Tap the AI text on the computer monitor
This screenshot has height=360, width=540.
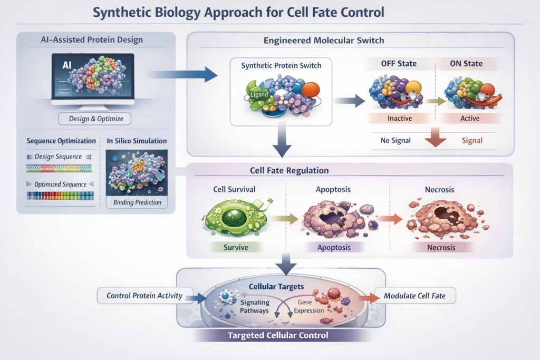[x=67, y=65]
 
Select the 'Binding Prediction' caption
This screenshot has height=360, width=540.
[x=137, y=202]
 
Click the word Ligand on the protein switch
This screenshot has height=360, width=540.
[x=259, y=94]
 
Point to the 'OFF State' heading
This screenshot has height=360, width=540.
[x=399, y=64]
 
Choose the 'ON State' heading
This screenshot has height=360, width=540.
[x=466, y=64]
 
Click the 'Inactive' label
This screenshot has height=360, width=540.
[x=399, y=118]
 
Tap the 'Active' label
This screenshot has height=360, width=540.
[x=469, y=118]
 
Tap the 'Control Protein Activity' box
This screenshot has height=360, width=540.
[x=144, y=296]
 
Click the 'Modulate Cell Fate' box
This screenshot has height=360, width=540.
[x=414, y=296]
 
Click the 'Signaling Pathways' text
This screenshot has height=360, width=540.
[x=255, y=306]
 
